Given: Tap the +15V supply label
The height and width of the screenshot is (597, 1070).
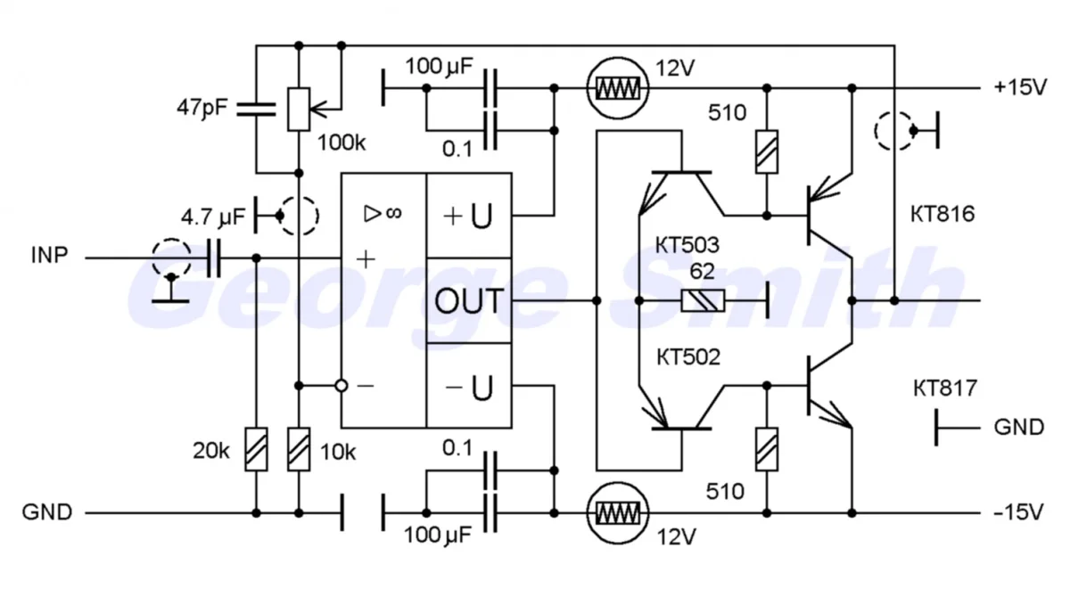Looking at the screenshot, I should coord(1018,87).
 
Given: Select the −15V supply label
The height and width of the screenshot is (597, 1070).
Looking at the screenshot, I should coord(1018,513).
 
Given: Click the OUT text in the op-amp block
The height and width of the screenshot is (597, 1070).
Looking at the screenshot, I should coord(468,301).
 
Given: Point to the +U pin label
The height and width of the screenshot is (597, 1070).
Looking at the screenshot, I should coord(468,216).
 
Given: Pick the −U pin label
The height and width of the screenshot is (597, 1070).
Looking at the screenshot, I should coord(468,387).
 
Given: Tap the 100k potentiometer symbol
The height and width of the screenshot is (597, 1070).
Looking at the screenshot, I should coord(299,109).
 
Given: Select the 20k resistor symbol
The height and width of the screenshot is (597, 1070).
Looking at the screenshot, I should coord(257,449).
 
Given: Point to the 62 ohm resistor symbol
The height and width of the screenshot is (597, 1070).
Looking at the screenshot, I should coord(703,301).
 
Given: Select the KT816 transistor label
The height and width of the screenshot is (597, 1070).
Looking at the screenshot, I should coord(943,214).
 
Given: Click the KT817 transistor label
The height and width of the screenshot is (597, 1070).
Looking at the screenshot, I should coord(945,388).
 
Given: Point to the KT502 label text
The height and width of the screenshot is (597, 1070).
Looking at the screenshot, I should coord(687,358).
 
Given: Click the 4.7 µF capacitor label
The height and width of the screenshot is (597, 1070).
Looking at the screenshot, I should coord(212,216).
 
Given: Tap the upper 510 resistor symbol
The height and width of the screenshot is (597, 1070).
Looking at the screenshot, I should coord(766,151).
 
